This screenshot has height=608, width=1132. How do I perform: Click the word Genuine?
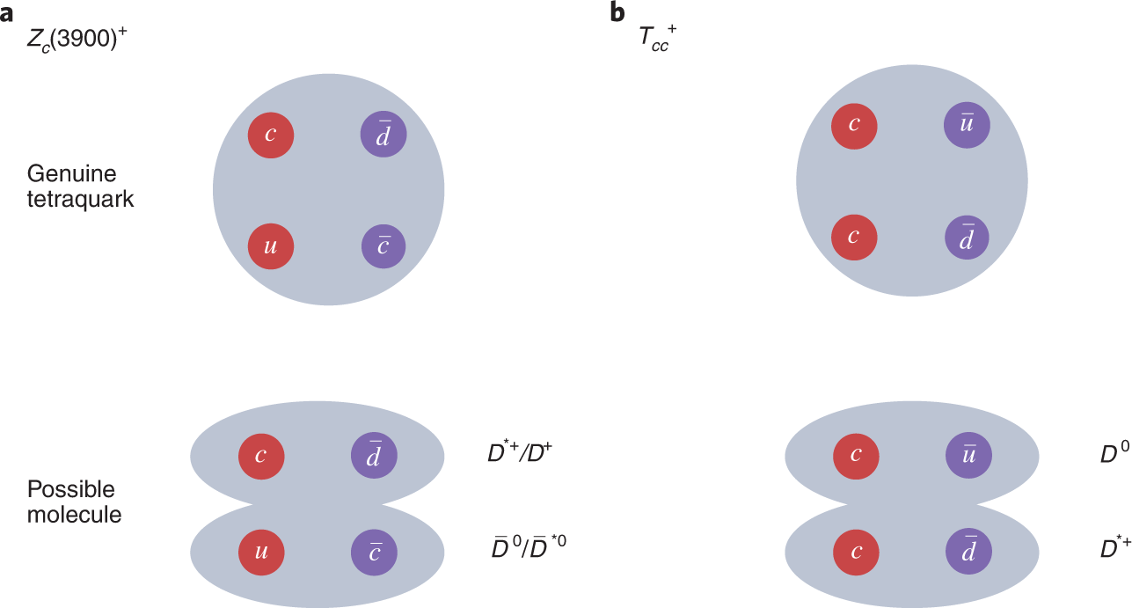click(71, 173)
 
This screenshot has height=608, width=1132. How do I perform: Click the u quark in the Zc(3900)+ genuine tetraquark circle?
click(271, 247)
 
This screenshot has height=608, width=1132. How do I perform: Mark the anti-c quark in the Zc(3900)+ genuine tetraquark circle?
click(384, 247)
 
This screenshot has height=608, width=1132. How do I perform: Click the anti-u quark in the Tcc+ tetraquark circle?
click(967, 125)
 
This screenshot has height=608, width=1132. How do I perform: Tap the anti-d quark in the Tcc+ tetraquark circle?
click(967, 238)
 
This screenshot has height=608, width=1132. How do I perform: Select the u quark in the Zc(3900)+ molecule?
click(261, 553)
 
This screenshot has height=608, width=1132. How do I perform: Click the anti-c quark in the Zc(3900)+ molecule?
click(374, 553)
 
